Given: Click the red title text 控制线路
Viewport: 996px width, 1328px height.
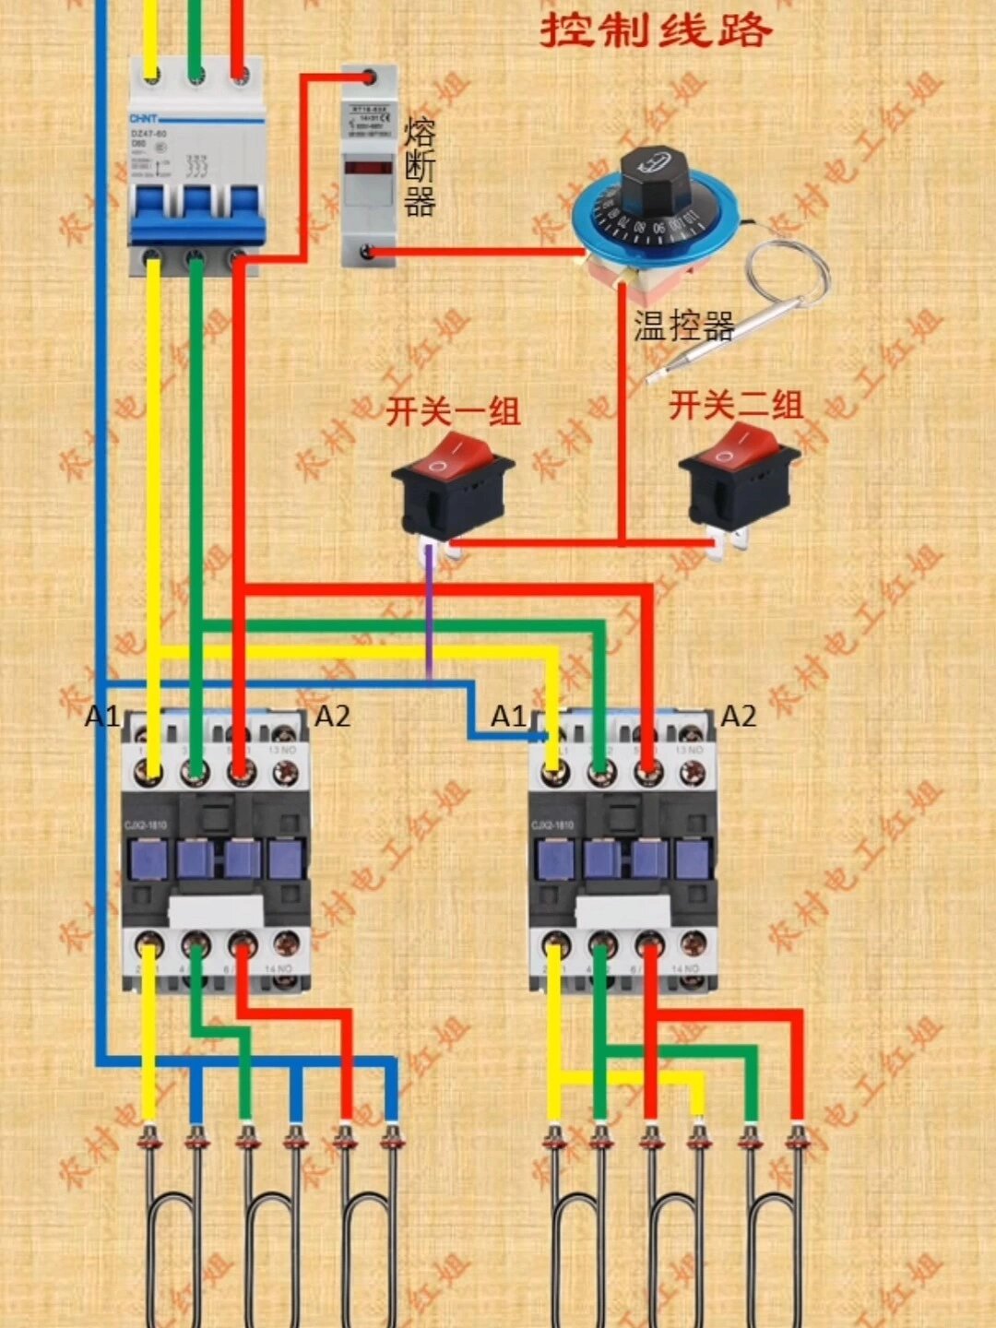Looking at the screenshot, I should pyautogui.click(x=656, y=30).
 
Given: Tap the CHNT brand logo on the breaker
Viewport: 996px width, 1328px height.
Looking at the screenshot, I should pyautogui.click(x=145, y=119).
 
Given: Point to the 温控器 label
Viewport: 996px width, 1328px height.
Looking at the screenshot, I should pyautogui.click(x=683, y=326).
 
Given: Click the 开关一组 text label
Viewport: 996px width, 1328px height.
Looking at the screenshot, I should pyautogui.click(x=453, y=411).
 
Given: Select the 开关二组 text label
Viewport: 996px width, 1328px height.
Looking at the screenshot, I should pyautogui.click(x=736, y=406).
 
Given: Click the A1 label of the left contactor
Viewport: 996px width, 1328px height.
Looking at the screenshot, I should pyautogui.click(x=101, y=716).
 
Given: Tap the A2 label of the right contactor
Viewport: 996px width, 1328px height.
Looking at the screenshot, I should pyautogui.click(x=738, y=716).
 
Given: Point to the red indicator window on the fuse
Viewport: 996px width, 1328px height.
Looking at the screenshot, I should pyautogui.click(x=368, y=168).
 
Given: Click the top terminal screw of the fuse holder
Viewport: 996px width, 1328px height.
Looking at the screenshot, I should pyautogui.click(x=369, y=77).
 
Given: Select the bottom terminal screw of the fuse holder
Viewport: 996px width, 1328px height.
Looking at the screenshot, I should pyautogui.click(x=368, y=251).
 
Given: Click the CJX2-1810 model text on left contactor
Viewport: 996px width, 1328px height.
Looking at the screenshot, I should pyautogui.click(x=145, y=824).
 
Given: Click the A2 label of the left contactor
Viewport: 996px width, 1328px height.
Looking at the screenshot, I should pyautogui.click(x=332, y=716).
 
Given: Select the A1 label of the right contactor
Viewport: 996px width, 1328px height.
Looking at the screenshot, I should pyautogui.click(x=507, y=716).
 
